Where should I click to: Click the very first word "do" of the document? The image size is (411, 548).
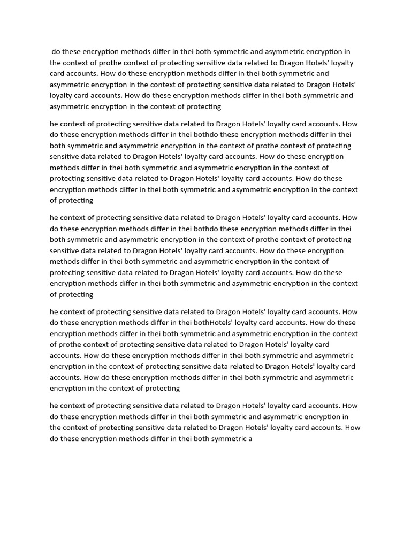(x=56, y=52)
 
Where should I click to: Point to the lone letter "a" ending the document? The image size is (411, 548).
(x=250, y=439)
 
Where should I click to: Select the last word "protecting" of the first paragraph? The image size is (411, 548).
(x=203, y=106)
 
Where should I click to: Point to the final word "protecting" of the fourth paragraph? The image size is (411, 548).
(x=162, y=389)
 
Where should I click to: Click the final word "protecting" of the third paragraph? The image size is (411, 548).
(x=75, y=294)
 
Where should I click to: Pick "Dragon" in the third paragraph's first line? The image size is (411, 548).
(x=228, y=218)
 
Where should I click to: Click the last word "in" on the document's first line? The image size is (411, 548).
(x=347, y=52)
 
